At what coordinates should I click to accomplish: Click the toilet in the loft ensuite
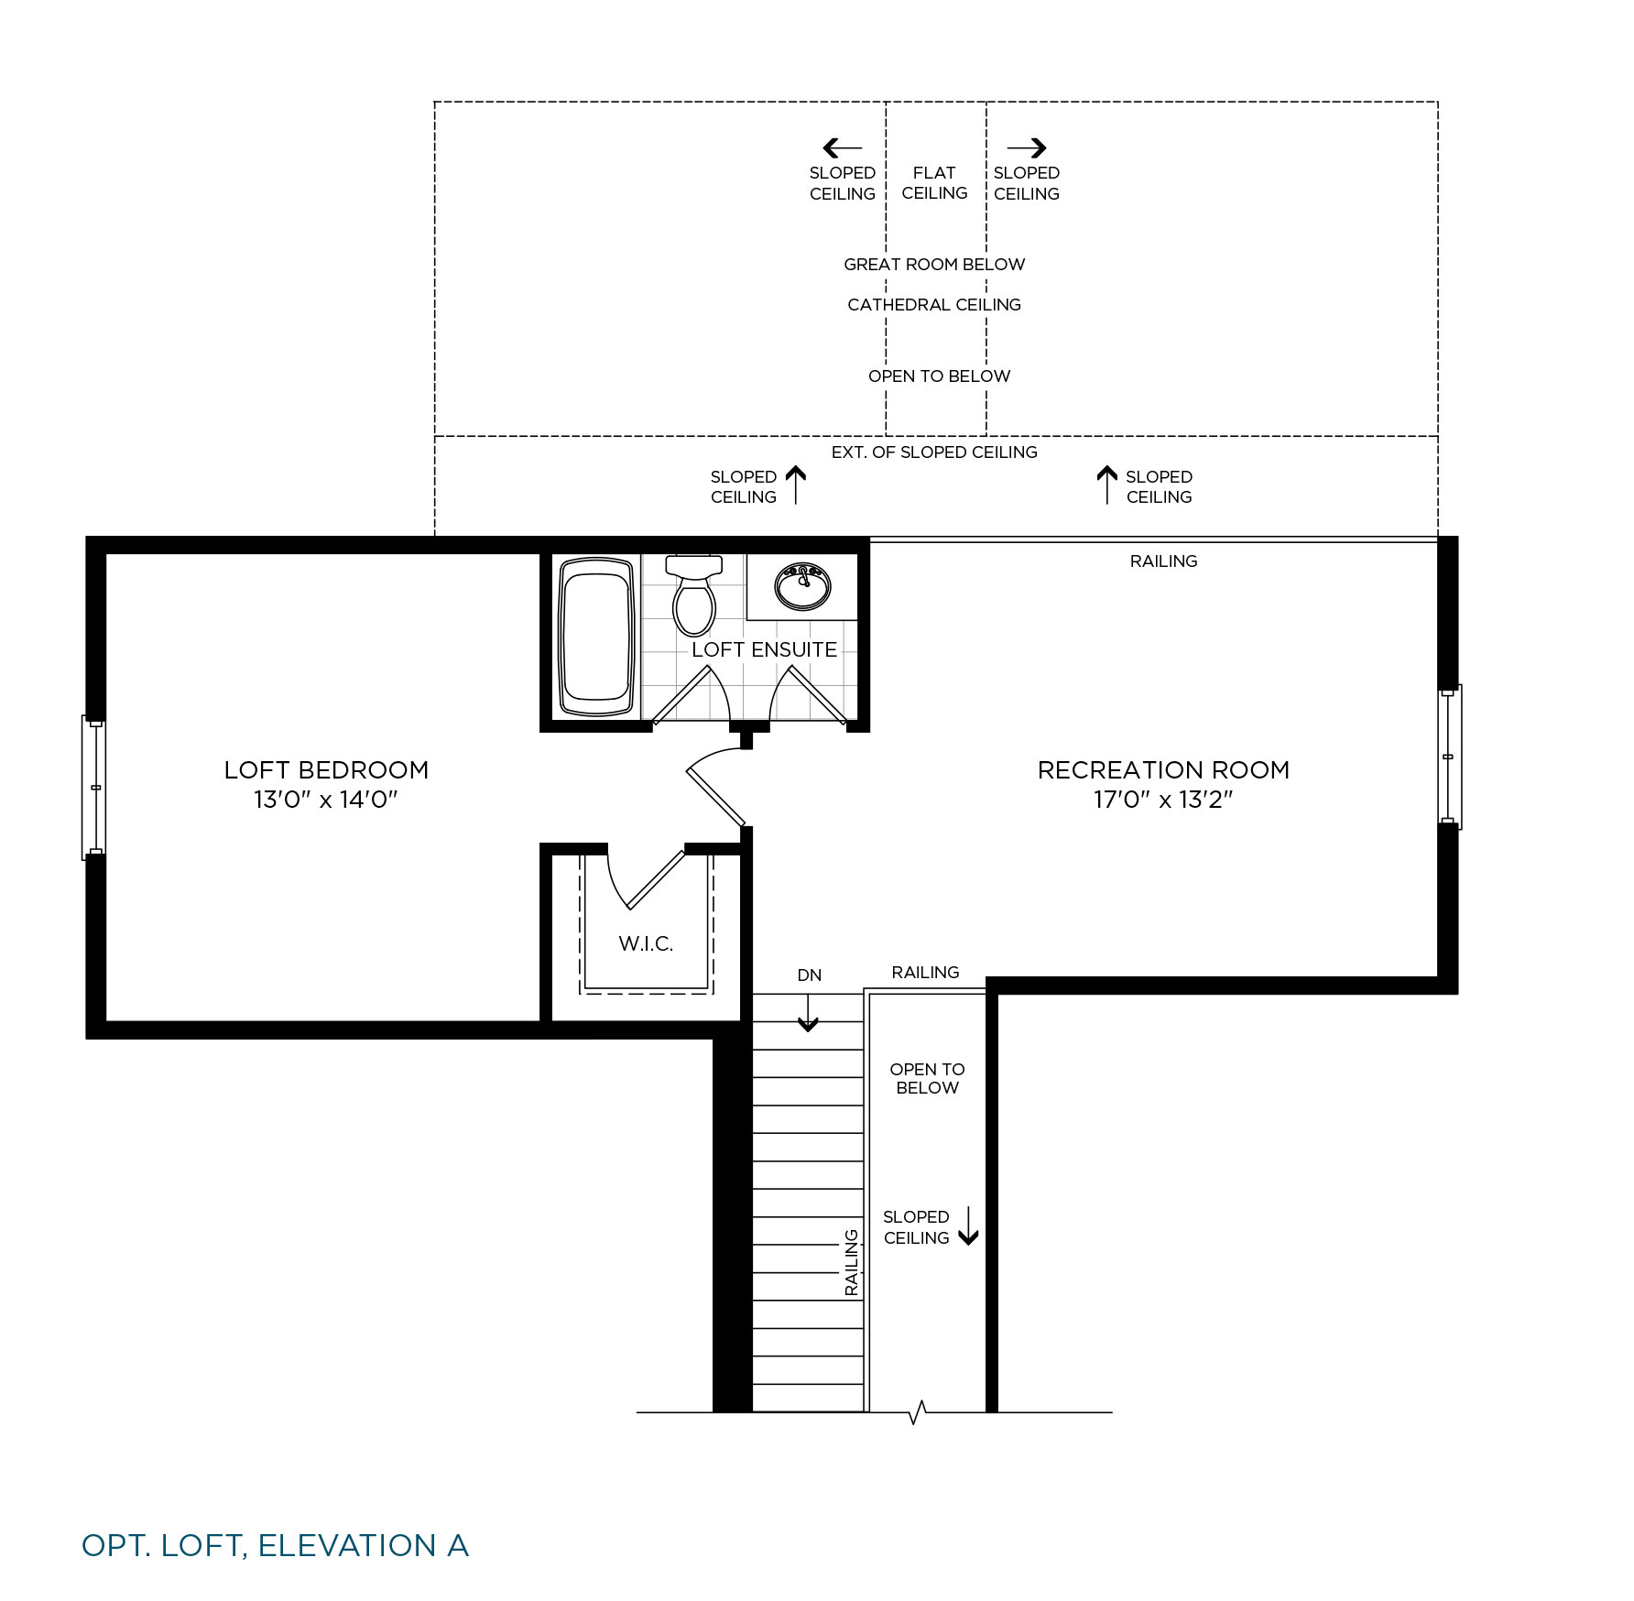click(694, 594)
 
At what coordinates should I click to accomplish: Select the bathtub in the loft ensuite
click(596, 637)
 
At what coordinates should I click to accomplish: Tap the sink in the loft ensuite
click(802, 586)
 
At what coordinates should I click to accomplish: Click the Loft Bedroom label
click(326, 769)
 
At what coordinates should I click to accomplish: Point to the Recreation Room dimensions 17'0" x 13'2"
click(1163, 800)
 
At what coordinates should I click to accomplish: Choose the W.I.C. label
click(646, 943)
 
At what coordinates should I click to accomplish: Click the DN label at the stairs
click(810, 975)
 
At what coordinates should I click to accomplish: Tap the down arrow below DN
click(808, 1012)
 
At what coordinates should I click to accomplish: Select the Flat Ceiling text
click(934, 183)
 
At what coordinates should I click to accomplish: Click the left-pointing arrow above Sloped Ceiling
click(843, 147)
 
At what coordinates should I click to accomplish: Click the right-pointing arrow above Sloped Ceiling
click(1027, 147)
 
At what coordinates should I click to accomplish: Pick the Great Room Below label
click(934, 265)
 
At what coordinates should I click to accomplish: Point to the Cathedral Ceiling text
click(934, 305)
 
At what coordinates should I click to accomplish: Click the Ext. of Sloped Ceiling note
click(934, 452)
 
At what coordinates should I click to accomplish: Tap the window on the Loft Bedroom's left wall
click(94, 788)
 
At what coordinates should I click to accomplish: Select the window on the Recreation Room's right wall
click(1449, 757)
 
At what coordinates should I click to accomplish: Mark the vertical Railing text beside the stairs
click(852, 1262)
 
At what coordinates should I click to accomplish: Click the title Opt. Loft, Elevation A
click(275, 1546)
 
